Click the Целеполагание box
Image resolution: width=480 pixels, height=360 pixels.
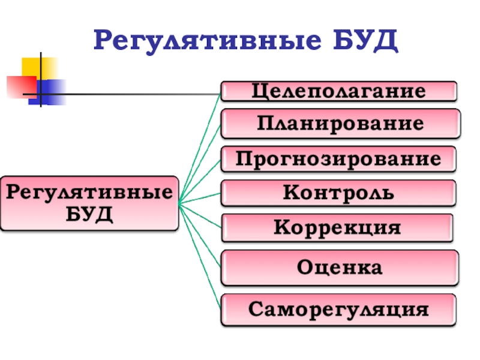click(x=338, y=91)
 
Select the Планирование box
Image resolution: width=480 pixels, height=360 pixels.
click(x=340, y=124)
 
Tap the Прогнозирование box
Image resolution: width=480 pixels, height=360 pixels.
click(x=338, y=159)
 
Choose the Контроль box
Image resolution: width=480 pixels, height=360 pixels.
click(x=338, y=193)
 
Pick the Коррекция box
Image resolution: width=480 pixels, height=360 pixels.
click(x=337, y=228)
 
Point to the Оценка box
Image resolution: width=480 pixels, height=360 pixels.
click(x=340, y=268)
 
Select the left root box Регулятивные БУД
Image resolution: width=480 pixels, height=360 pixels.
click(x=89, y=203)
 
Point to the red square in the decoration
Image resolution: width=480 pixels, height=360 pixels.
click(x=20, y=86)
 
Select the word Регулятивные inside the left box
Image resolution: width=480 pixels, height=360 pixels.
click(x=89, y=193)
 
